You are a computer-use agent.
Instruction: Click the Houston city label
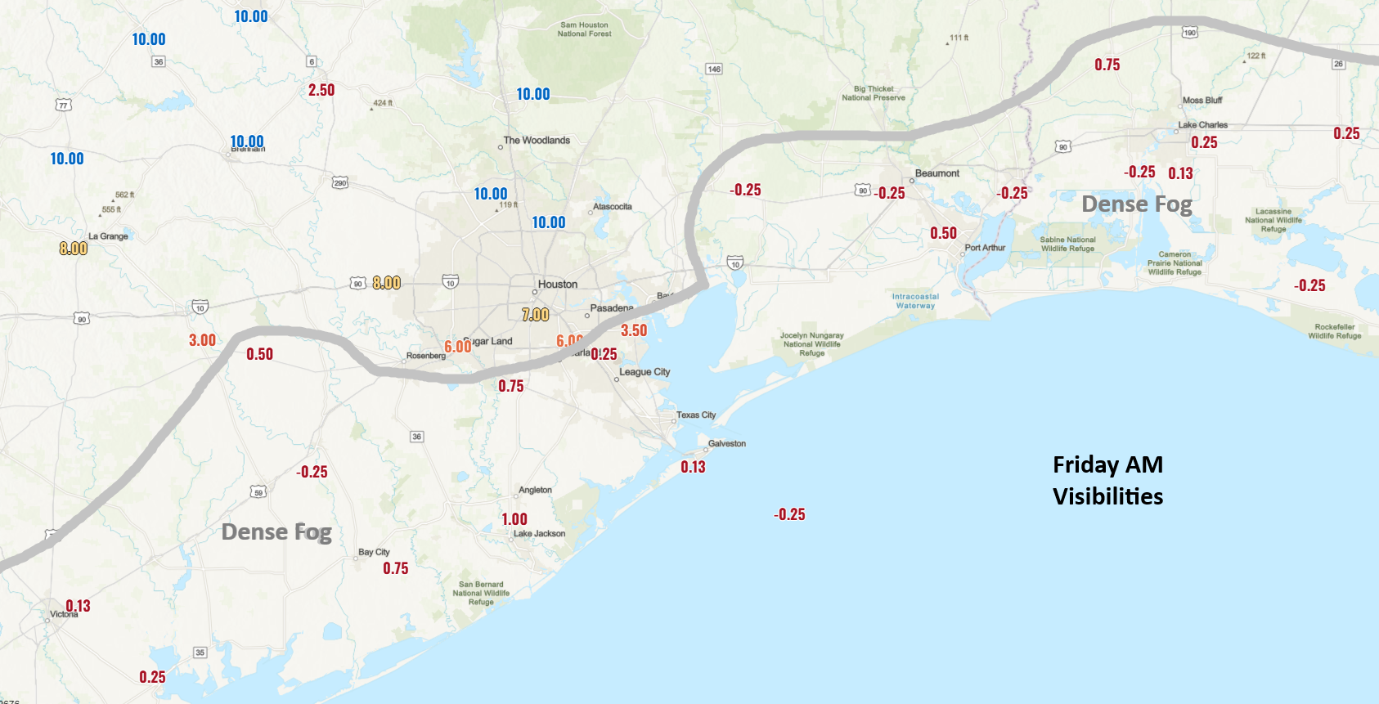point(557,285)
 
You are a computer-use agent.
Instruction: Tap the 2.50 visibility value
point(321,91)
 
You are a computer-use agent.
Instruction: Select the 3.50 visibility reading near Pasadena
point(634,331)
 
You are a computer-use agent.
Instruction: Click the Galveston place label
point(726,444)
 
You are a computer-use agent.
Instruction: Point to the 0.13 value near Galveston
point(693,468)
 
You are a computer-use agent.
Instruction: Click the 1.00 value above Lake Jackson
point(514,520)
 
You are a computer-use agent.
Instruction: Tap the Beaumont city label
point(937,173)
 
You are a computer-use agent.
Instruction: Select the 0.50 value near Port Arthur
point(943,234)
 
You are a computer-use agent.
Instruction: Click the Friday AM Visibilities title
point(1107,481)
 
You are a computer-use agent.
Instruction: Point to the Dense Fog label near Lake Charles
point(1136,204)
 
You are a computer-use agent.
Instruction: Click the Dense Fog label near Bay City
point(276,532)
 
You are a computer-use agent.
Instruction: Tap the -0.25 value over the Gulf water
point(789,515)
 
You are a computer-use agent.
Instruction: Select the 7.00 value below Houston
point(536,315)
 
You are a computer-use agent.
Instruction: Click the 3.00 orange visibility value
point(202,341)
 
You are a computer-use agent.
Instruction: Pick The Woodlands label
point(537,141)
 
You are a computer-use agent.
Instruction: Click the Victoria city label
point(64,615)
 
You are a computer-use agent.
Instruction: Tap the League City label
point(645,372)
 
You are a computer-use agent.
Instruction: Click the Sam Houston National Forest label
point(584,29)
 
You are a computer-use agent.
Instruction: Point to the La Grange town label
point(108,236)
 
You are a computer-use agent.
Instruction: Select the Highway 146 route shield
point(714,70)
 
